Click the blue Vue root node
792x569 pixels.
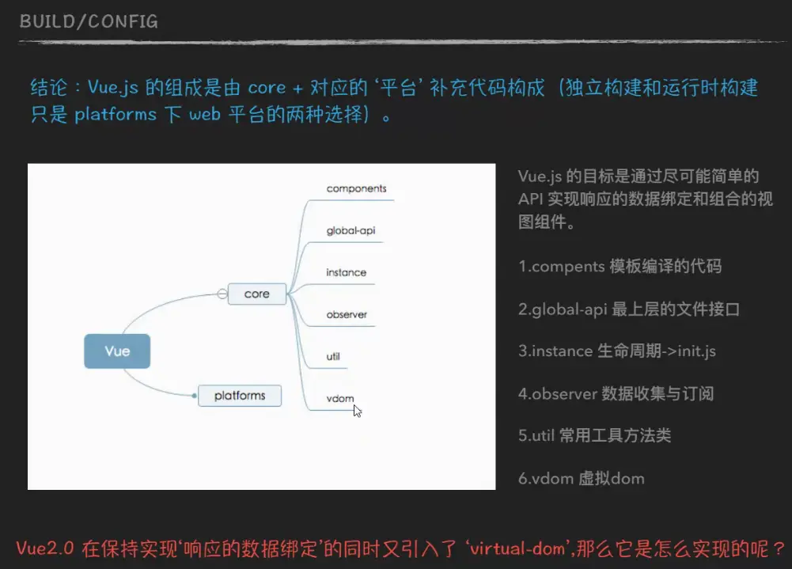point(117,351)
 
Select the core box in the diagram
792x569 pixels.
point(257,294)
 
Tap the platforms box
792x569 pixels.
point(240,396)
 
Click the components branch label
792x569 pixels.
point(356,188)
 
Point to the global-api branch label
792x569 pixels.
point(351,231)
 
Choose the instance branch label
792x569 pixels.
point(346,272)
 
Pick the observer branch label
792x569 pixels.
point(347,314)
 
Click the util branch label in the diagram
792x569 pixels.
point(333,356)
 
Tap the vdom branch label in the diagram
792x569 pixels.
point(340,398)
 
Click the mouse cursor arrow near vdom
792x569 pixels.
point(357,411)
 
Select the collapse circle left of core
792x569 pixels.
point(222,294)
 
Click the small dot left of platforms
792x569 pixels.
point(195,396)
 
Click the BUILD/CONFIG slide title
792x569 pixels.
point(89,21)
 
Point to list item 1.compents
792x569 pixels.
point(620,267)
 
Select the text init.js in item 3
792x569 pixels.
point(696,351)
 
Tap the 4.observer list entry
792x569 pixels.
point(616,393)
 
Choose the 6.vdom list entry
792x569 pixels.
point(582,478)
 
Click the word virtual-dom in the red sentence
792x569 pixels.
point(517,548)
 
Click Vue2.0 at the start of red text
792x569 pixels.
point(45,548)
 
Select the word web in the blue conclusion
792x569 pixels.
point(205,114)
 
